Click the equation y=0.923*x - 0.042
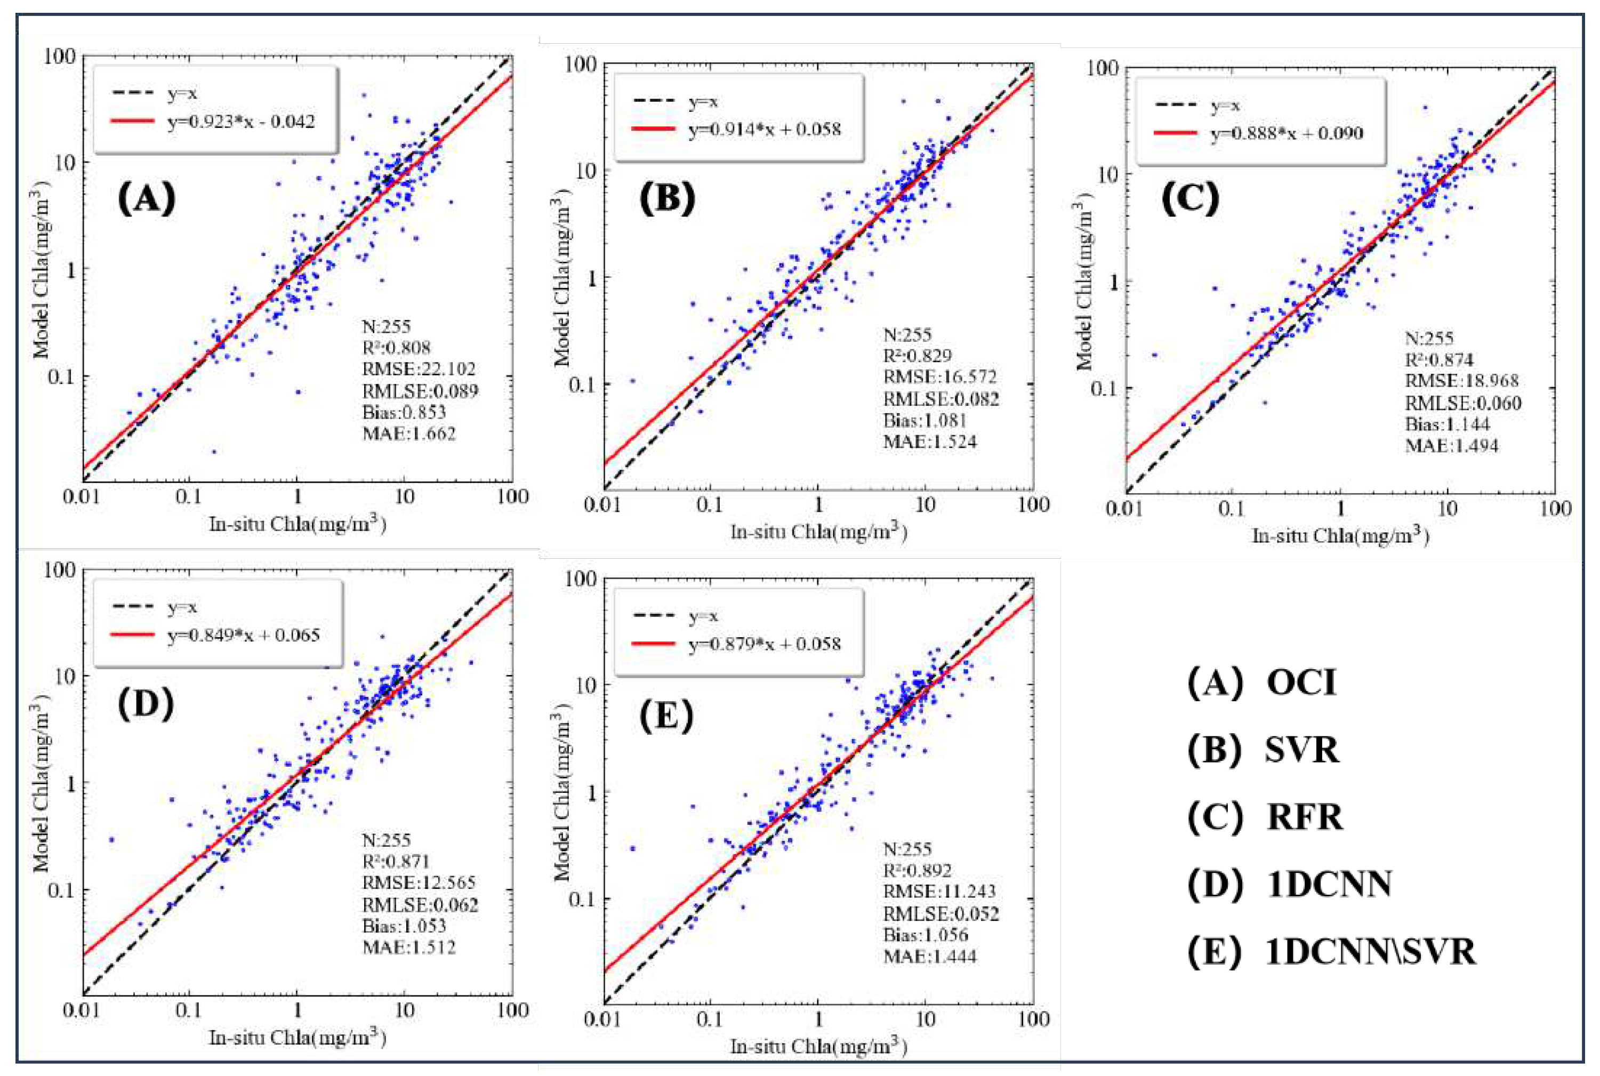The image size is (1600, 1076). (x=241, y=122)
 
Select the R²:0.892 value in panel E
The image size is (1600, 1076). (x=918, y=871)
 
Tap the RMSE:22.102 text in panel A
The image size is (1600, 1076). (x=419, y=369)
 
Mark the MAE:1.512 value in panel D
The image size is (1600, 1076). (x=409, y=947)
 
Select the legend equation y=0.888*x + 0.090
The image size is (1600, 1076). (x=1287, y=133)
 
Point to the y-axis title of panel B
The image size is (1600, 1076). (x=562, y=282)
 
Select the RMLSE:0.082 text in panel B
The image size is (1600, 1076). (x=940, y=399)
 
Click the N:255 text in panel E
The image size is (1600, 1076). (x=907, y=849)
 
